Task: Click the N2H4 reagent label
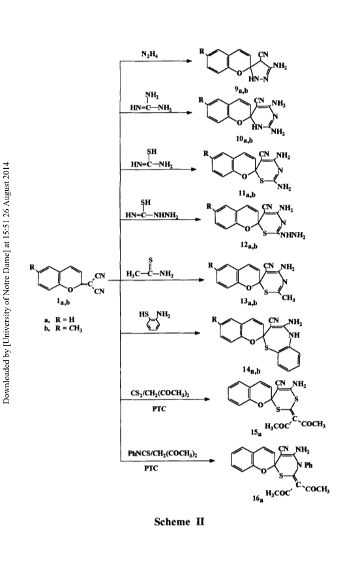pos(150,54)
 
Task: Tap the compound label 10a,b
pos(245,139)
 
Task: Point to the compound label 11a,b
pos(247,194)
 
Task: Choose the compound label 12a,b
pos(249,245)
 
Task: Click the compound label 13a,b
pos(249,302)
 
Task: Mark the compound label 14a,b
pos(251,369)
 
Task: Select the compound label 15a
pos(256,433)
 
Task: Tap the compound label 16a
pos(258,498)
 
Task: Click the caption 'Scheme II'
pos(179,522)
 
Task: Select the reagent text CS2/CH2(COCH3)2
pos(160,394)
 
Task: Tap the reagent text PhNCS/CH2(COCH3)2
pos(162,454)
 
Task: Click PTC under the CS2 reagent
pos(159,409)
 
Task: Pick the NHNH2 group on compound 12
pos(293,236)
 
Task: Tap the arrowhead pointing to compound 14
pos(197,333)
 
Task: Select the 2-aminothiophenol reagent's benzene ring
pos(153,325)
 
